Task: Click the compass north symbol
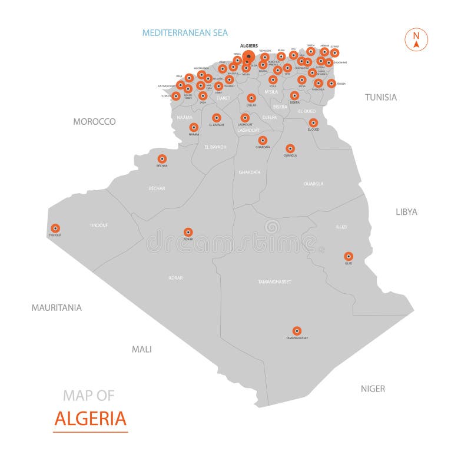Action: pyautogui.click(x=416, y=39)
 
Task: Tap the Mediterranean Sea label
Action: pyautogui.click(x=185, y=33)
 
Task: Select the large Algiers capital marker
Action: pyautogui.click(x=248, y=57)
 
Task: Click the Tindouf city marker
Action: pyautogui.click(x=55, y=228)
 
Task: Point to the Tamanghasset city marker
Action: pyautogui.click(x=297, y=331)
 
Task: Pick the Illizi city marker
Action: pyautogui.click(x=349, y=256)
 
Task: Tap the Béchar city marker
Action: pyautogui.click(x=162, y=158)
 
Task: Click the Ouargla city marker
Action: pyautogui.click(x=290, y=148)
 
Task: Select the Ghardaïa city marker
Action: pyautogui.click(x=263, y=140)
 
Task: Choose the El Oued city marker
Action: pyautogui.click(x=313, y=122)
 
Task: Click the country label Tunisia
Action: pyautogui.click(x=381, y=97)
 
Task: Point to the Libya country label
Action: pyautogui.click(x=406, y=211)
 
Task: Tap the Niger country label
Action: pyautogui.click(x=373, y=388)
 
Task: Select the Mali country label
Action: pyautogui.click(x=141, y=349)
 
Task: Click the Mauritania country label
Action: pyautogui.click(x=57, y=307)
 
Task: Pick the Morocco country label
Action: pyautogui.click(x=94, y=121)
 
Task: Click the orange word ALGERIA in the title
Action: pyautogui.click(x=90, y=418)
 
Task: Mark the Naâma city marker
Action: pyautogui.click(x=194, y=127)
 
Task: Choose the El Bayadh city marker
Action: pyautogui.click(x=217, y=118)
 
